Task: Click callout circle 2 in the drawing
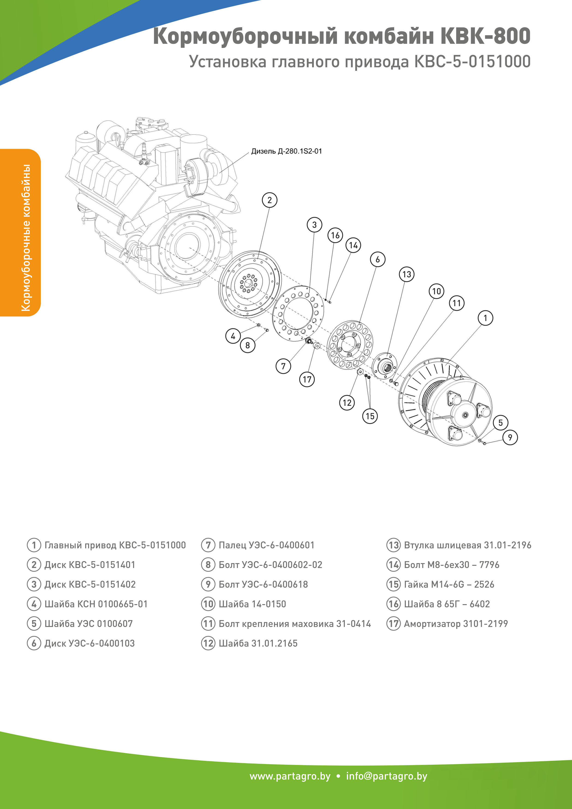269,200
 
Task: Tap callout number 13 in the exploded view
406,274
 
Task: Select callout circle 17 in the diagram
307,379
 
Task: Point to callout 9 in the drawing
510,438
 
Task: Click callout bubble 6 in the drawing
378,259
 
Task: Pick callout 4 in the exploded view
233,336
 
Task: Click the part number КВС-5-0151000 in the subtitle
472,62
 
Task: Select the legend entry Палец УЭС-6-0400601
266,545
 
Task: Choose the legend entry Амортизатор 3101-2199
456,624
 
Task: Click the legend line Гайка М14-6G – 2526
449,584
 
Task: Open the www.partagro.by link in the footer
290,776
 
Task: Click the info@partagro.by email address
386,776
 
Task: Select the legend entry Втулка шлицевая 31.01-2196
467,545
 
